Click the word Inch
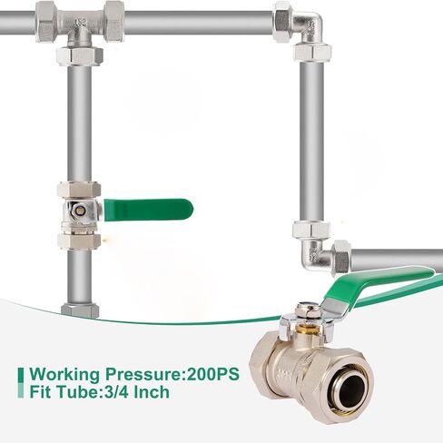click(151, 393)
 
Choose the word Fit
click(42, 393)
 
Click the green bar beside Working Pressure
click(21, 374)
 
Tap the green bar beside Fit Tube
click(21, 393)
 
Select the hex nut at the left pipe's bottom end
click(79, 310)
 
